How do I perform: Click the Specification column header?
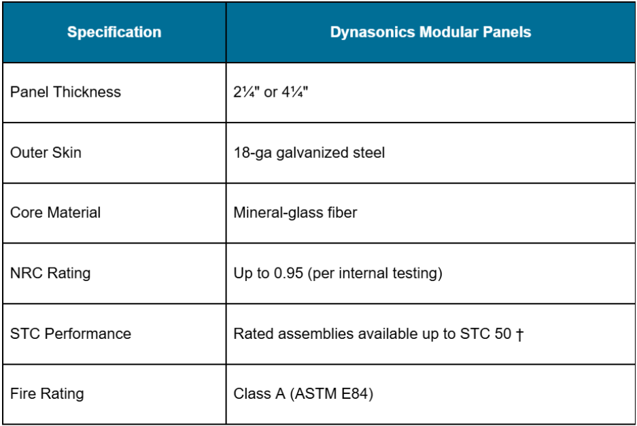pos(114,32)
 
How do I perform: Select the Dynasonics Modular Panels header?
pos(430,32)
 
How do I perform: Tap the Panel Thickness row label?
pos(65,93)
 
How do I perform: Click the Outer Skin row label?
pos(46,152)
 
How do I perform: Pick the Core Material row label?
pos(55,213)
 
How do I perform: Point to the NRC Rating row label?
pos(50,274)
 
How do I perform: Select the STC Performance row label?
pos(71,334)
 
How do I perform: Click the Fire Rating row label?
pos(47,394)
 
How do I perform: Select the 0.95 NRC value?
pos(288,274)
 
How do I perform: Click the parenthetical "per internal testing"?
pos(375,274)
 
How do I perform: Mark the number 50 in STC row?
pos(503,334)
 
